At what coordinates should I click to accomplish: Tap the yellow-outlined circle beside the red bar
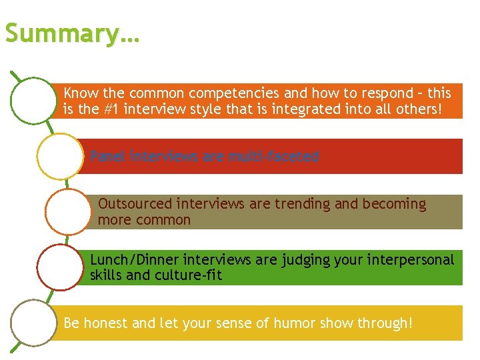tap(60, 157)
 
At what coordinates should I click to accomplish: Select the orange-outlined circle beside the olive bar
tap(67, 211)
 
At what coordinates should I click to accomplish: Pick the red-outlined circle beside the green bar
tap(60, 267)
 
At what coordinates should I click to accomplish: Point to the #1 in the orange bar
tap(117, 109)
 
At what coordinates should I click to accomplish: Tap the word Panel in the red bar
tap(109, 157)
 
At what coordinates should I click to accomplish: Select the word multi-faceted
tap(273, 157)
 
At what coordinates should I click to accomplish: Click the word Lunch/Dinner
tap(134, 259)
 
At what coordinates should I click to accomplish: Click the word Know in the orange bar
tap(80, 93)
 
